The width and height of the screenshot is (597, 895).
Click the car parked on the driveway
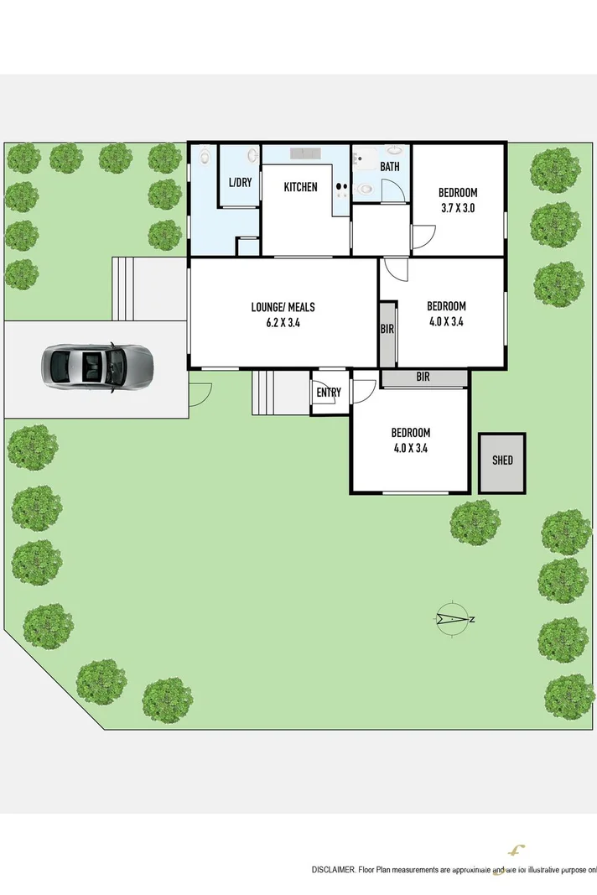(97, 367)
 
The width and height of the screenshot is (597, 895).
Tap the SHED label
(502, 461)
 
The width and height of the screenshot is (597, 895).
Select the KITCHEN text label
(300, 186)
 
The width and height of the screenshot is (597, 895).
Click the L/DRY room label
(240, 182)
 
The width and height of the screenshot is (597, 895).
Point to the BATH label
(390, 167)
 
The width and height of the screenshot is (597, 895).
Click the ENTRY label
(328, 393)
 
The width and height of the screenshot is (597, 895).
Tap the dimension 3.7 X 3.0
(458, 208)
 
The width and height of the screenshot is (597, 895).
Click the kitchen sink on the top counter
(303, 154)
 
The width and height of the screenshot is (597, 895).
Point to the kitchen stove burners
(341, 189)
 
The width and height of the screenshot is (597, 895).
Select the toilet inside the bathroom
(362, 190)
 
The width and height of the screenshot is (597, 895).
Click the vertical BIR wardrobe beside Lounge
(387, 330)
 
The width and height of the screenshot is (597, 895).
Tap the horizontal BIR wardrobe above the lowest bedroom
(423, 378)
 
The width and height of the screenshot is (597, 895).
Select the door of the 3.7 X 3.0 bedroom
(423, 237)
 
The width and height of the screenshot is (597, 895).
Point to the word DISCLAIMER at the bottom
(334, 870)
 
